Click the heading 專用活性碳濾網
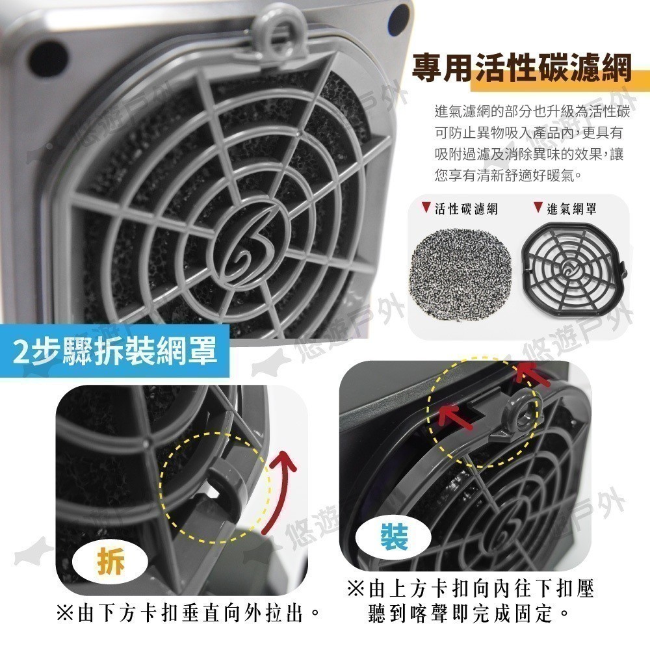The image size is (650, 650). click(x=522, y=68)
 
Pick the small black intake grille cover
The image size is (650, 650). click(x=574, y=268)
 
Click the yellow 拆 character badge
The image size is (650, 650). click(x=110, y=562)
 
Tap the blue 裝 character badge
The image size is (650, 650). click(x=395, y=536)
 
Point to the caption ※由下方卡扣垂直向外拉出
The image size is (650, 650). click(x=188, y=613)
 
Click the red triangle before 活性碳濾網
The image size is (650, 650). click(x=426, y=207)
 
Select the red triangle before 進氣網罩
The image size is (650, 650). click(x=538, y=207)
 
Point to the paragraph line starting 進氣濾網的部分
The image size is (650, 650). click(x=532, y=112)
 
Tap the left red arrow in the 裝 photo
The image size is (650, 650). click(x=456, y=417)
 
